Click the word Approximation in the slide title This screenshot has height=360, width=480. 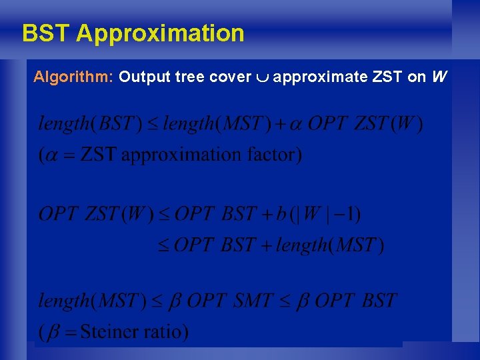(x=160, y=33)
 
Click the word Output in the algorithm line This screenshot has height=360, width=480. (x=145, y=77)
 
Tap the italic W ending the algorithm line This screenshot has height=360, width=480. (x=438, y=77)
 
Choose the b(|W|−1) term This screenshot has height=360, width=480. (x=319, y=214)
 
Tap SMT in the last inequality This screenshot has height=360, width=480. (x=253, y=301)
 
